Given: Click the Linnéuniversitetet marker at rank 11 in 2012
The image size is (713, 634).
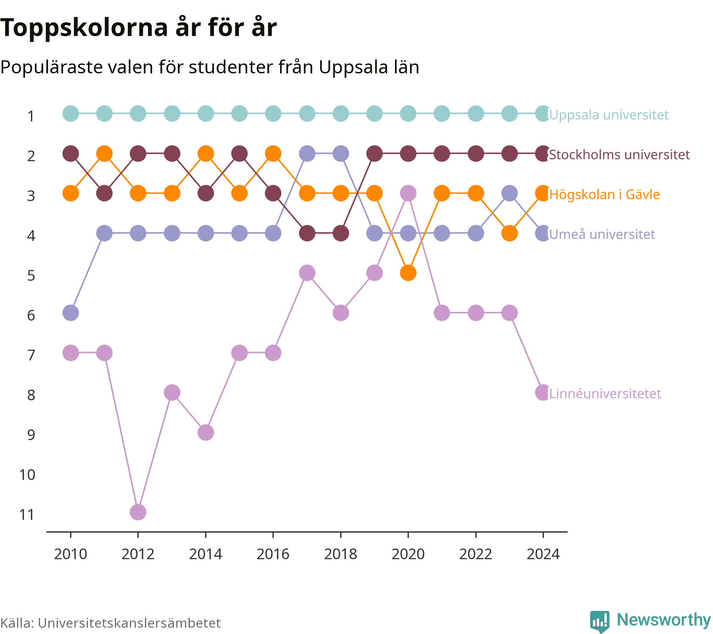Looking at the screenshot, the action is pos(138,512).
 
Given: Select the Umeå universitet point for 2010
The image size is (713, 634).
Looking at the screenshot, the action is pos(71,313).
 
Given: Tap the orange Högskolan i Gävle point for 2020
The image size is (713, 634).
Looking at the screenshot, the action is pos(408,273).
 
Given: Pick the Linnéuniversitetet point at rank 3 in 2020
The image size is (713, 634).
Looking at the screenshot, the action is pos(408,193).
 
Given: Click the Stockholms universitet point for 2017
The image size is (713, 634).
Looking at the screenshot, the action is pos(307,233).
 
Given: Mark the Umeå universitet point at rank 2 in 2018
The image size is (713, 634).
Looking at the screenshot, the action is pos(341,153).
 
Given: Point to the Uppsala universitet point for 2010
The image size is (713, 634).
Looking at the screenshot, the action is pos(71,114).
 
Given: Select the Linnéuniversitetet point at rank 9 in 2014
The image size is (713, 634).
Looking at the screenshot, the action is pos(206,432).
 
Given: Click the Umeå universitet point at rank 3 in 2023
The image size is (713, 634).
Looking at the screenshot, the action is pos(509,193).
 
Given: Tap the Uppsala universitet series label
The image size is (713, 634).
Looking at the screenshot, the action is pos(609,115).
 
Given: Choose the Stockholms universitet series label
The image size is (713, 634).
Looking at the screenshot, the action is pos(620,155).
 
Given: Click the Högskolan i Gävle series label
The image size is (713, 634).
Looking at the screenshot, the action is pos(604,195).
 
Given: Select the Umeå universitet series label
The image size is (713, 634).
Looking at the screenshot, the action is pos(602,234).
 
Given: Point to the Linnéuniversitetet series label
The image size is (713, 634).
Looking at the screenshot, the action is pos(605,394).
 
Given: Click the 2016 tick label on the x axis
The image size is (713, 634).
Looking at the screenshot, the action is pos(273,554).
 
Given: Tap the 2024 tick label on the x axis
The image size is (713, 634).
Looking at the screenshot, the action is pos(543,554).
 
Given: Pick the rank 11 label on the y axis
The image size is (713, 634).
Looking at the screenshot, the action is pos(27,515).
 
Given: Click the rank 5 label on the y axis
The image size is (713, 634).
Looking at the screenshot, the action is pos(31,275).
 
